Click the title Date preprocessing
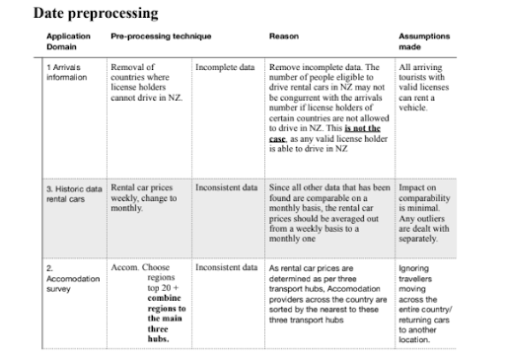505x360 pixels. tap(97, 14)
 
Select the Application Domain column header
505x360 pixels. tap(68, 40)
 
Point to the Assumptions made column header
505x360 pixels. tap(423, 40)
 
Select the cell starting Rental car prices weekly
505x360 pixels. tap(148, 198)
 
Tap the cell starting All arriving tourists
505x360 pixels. tap(423, 90)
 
